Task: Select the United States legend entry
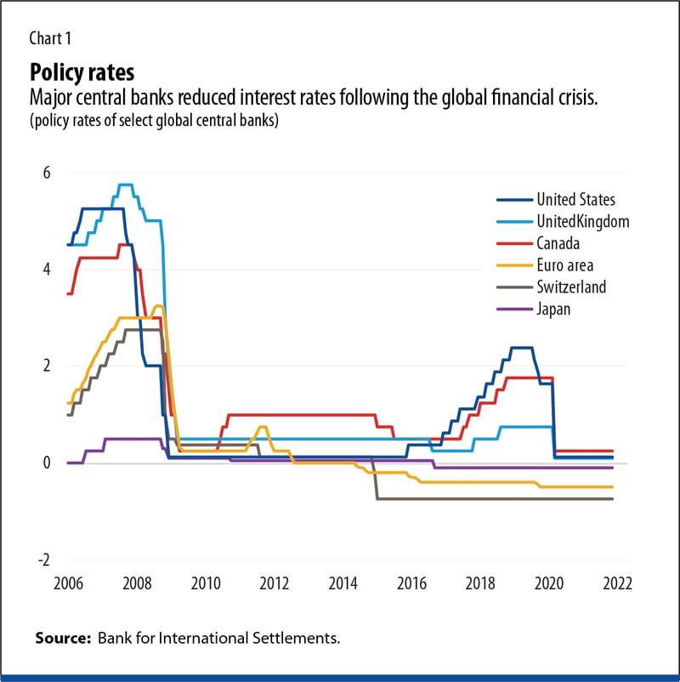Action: [x=575, y=200]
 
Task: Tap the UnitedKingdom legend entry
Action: [x=582, y=221]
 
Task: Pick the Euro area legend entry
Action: [x=564, y=265]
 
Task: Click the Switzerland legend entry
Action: [x=571, y=287]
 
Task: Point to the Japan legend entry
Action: [x=553, y=309]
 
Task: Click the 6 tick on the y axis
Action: [x=47, y=173]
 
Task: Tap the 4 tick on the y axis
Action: [x=47, y=269]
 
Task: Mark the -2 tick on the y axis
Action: [x=43, y=560]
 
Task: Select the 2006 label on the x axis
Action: [x=68, y=585]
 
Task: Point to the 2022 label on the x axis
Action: [x=616, y=585]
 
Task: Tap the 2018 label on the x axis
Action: [x=479, y=585]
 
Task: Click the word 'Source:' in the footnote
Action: [x=64, y=638]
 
